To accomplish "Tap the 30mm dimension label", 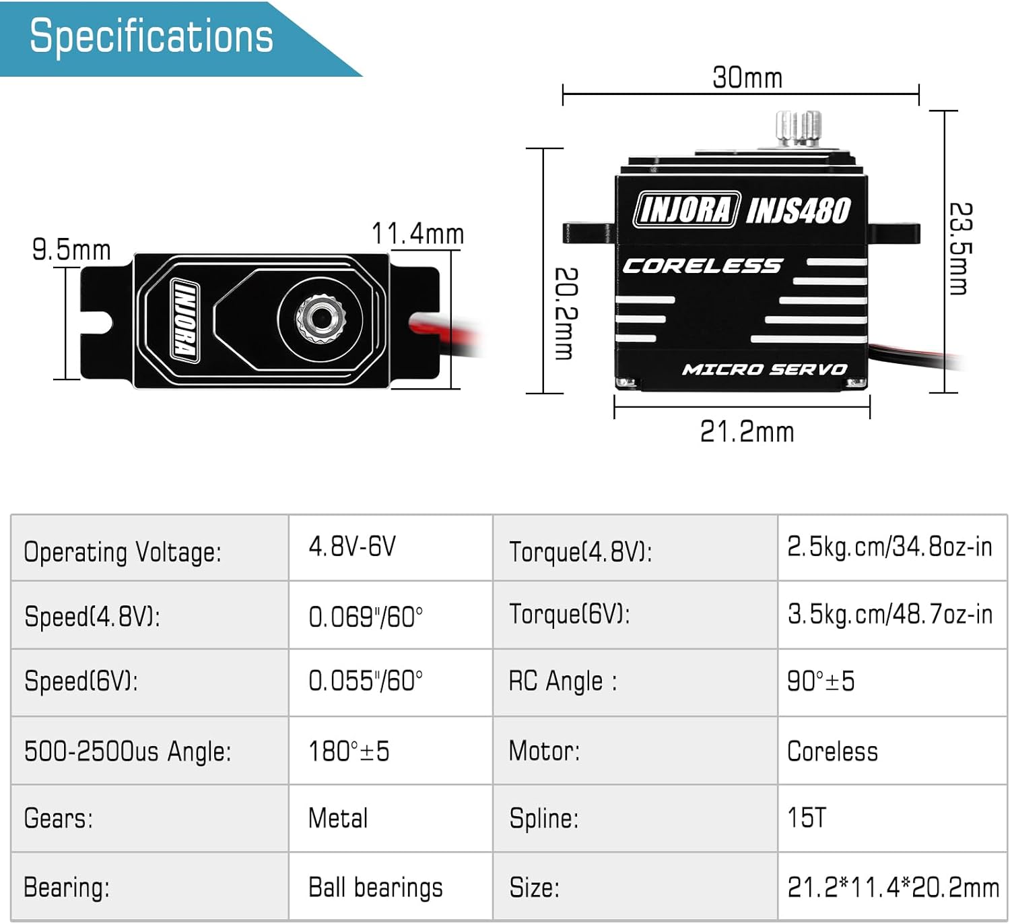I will click(x=747, y=78).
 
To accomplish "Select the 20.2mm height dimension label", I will click(x=566, y=313).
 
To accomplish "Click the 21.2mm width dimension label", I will click(x=747, y=431).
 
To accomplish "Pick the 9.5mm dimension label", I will click(x=71, y=250).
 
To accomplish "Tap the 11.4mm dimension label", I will click(x=417, y=234).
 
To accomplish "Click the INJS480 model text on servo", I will click(x=799, y=210).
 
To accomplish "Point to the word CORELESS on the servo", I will click(x=702, y=266).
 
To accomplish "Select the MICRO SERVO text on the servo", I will click(x=764, y=369).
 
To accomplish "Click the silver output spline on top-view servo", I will click(x=321, y=315).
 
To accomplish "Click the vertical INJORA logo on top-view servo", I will click(x=185, y=319).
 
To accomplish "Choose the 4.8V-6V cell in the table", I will click(x=352, y=546).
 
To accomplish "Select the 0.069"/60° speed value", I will click(x=366, y=617).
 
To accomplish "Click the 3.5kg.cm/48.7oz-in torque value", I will click(x=889, y=614).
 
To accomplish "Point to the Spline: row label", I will click(x=544, y=818).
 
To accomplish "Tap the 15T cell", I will click(x=806, y=818).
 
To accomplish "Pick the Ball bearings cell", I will click(x=375, y=888).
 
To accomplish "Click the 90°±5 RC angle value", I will click(x=821, y=681).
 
